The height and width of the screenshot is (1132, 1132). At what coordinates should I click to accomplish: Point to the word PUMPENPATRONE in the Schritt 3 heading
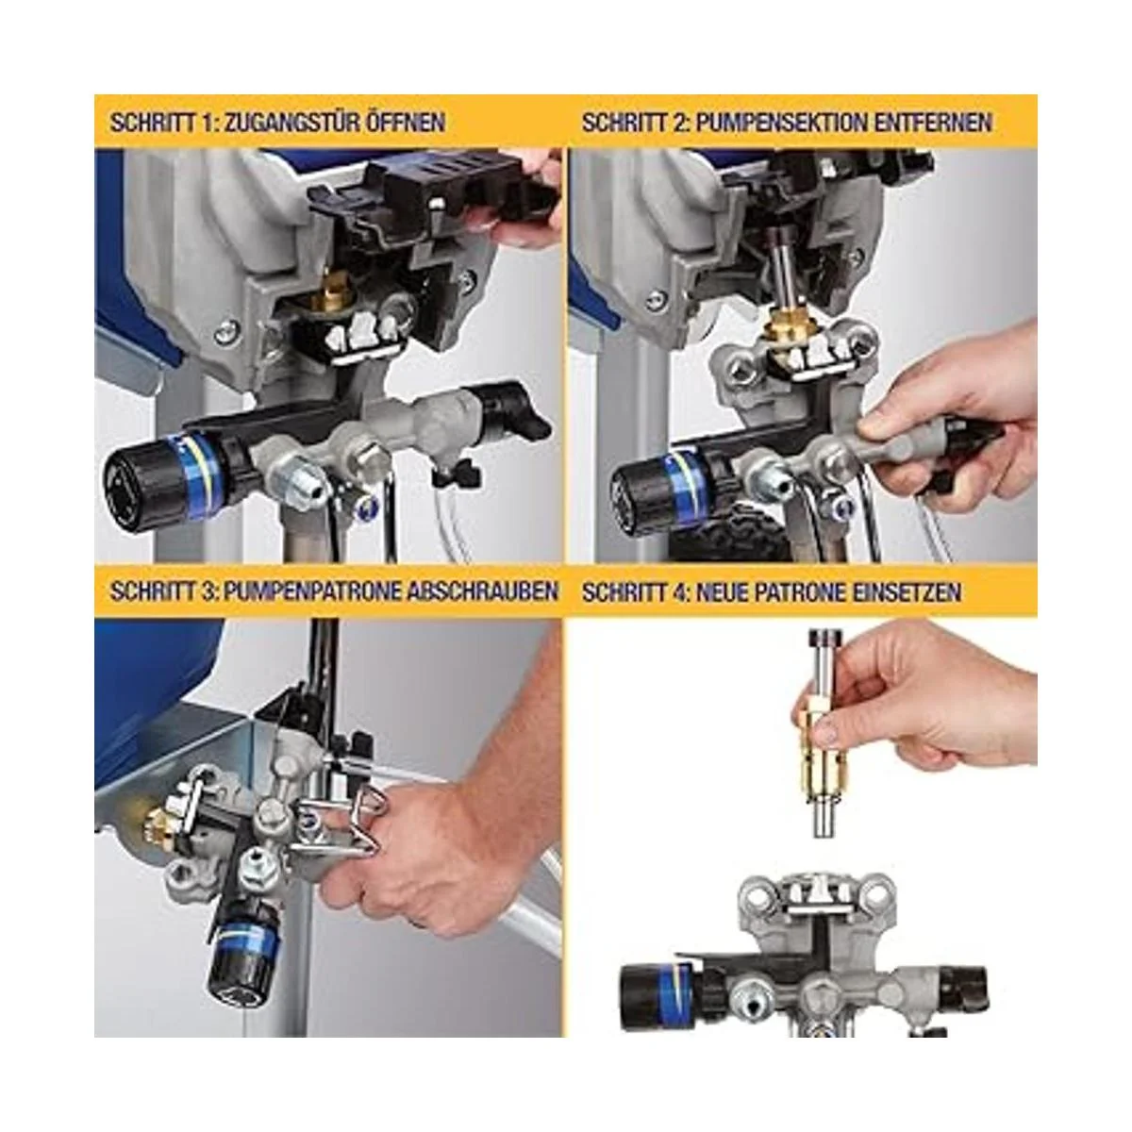pyautogui.click(x=312, y=591)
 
